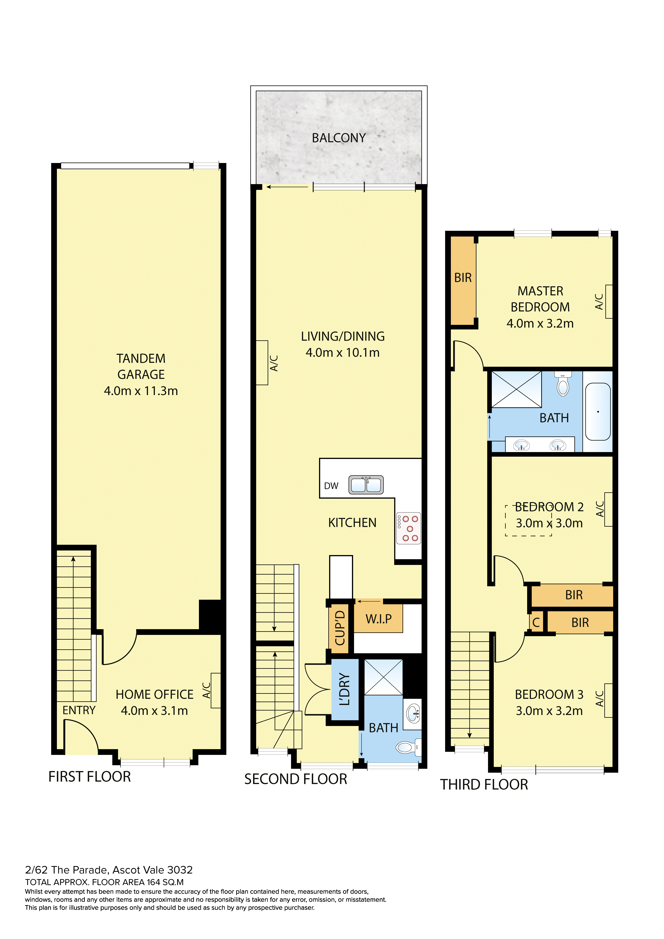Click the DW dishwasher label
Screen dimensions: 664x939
331,486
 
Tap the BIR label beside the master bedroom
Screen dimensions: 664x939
463,278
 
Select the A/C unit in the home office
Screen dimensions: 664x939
216,690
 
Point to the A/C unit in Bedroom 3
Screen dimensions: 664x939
608,700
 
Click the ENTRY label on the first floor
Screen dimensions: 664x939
79,710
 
